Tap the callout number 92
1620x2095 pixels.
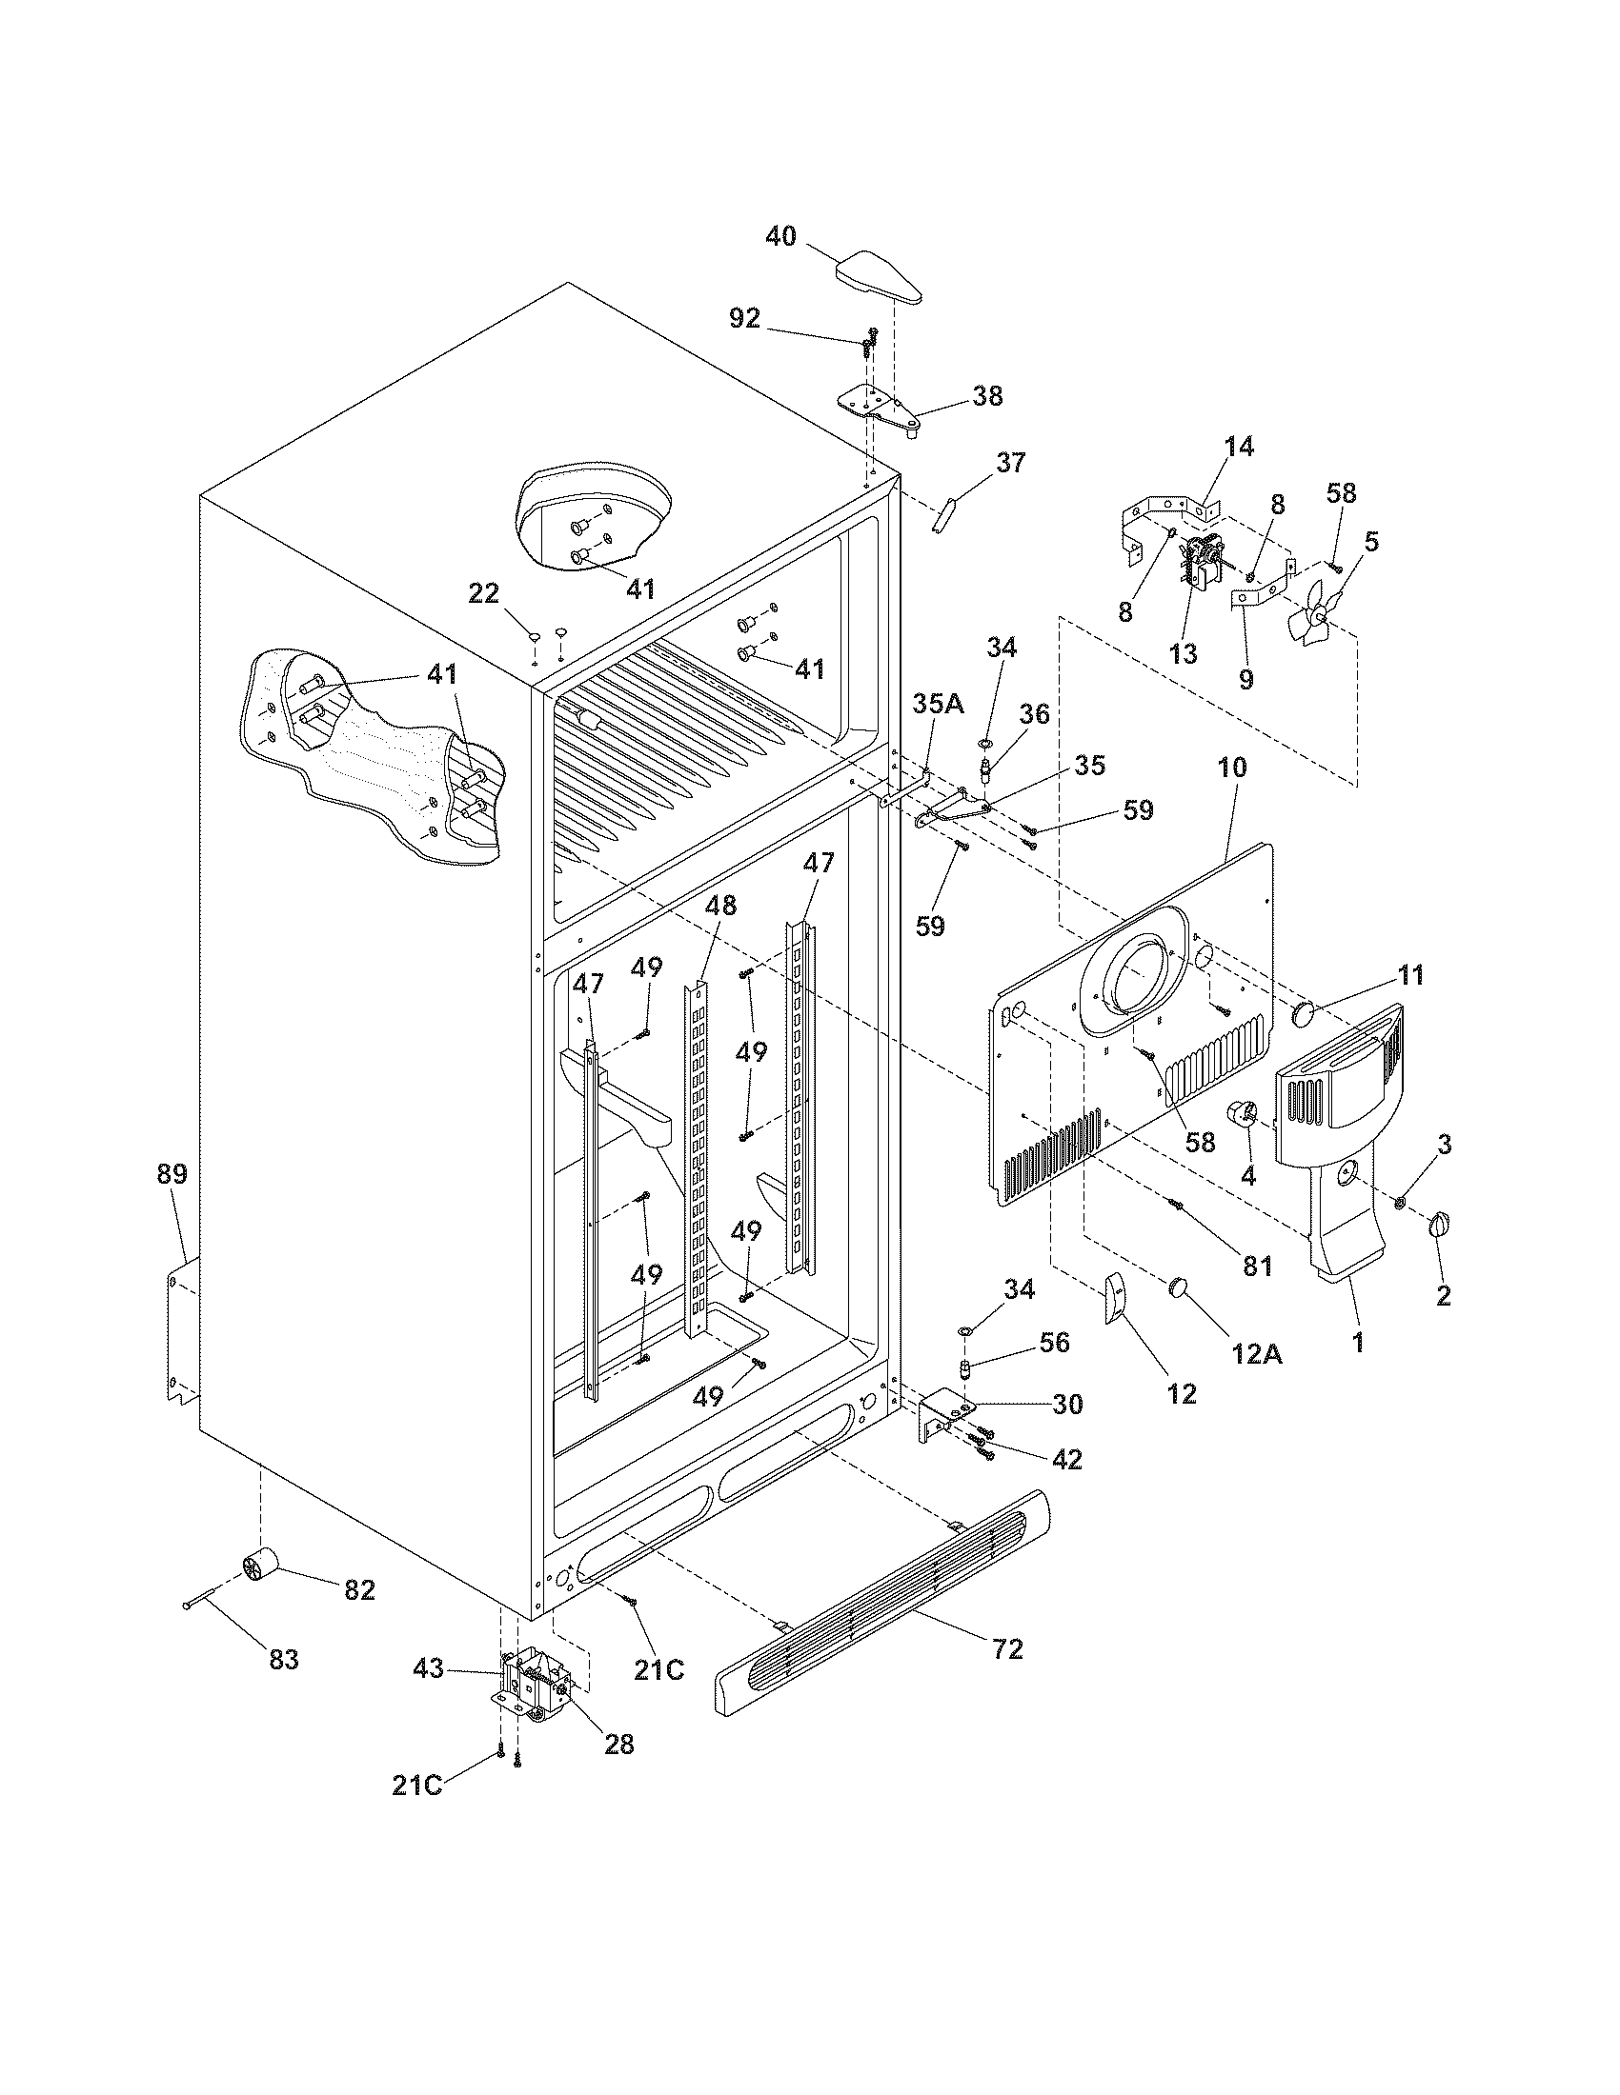click(x=745, y=318)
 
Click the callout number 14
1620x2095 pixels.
click(x=1238, y=446)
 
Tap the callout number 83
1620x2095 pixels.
click(x=284, y=1659)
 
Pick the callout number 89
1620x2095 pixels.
click(x=172, y=1173)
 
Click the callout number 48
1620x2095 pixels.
click(x=721, y=905)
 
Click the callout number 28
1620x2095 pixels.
click(x=619, y=1743)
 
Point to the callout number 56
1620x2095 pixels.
click(x=1054, y=1342)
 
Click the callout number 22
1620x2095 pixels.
click(x=484, y=595)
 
